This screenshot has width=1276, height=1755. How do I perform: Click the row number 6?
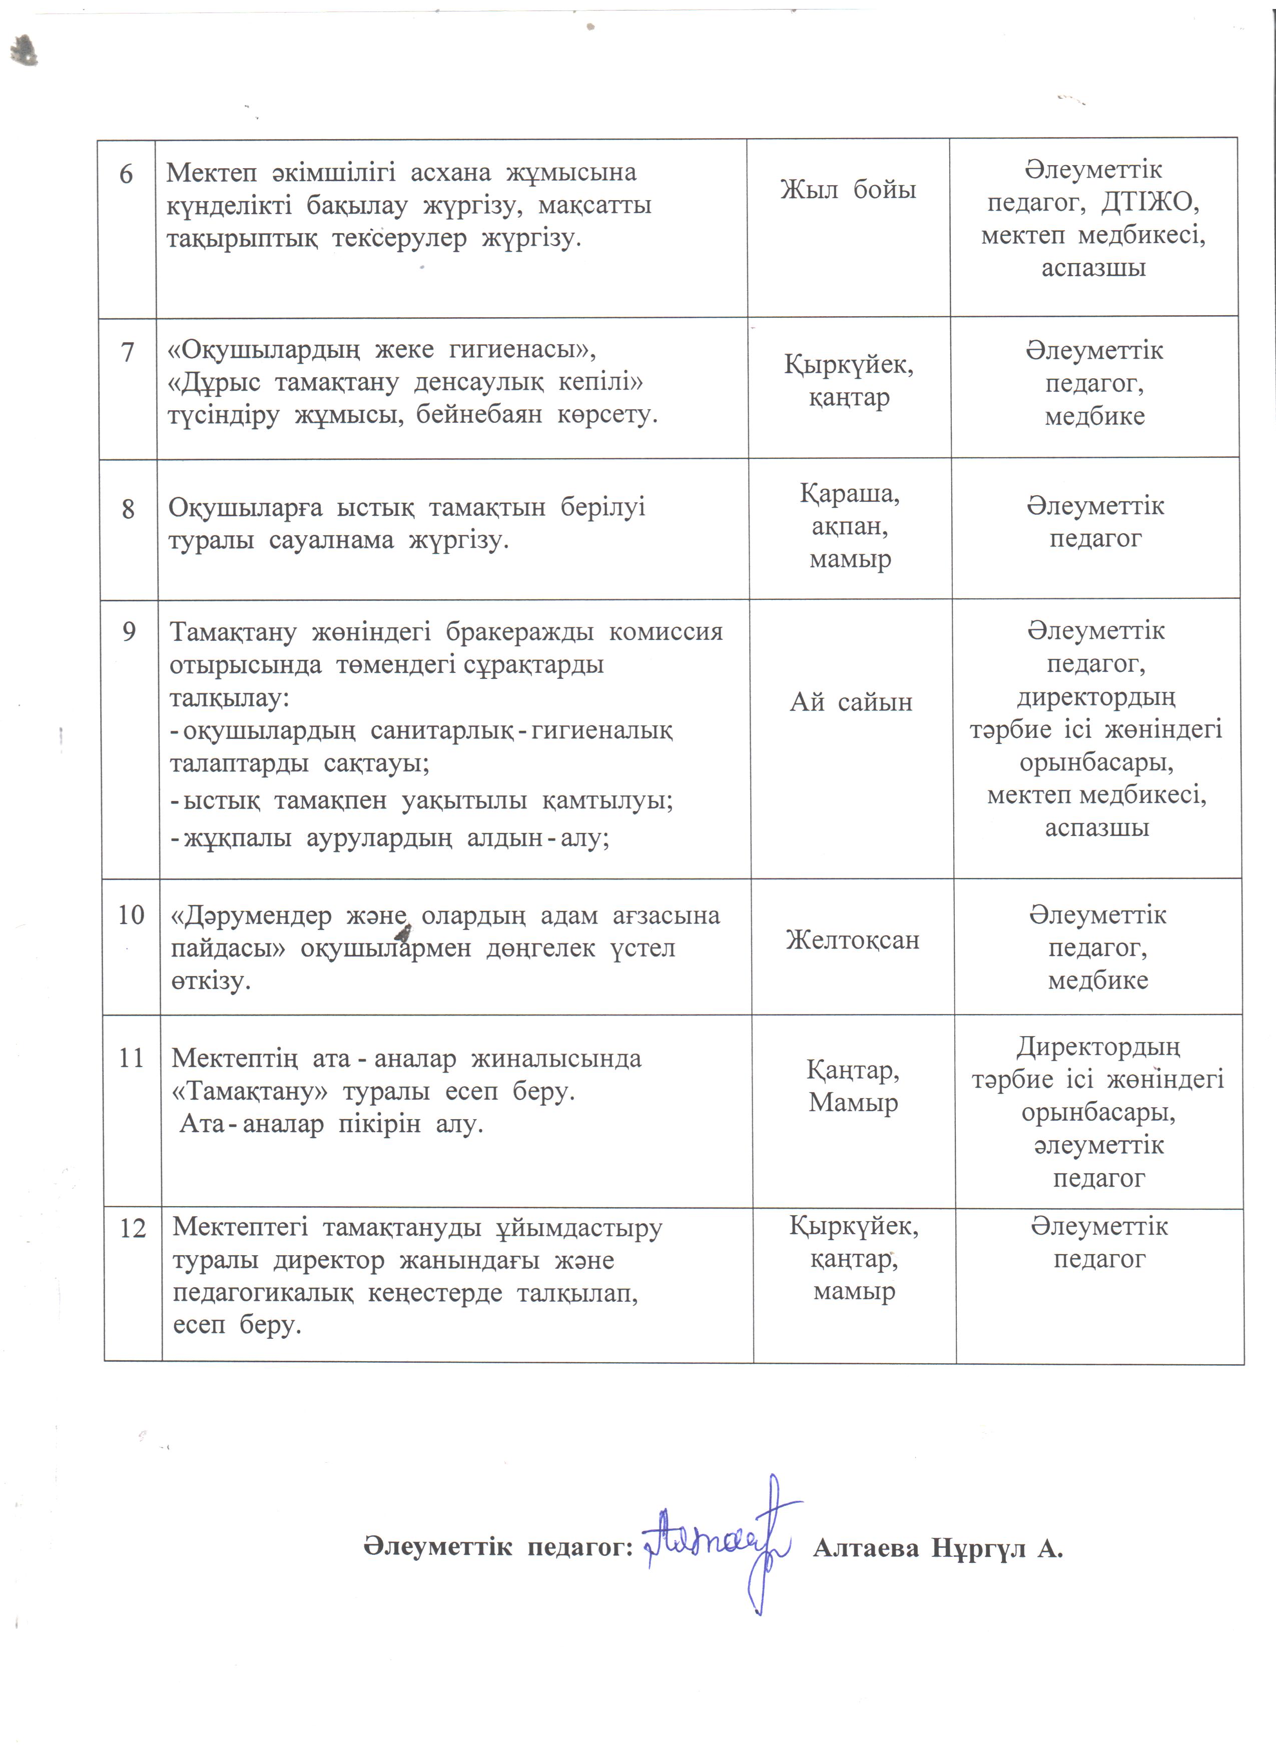(x=126, y=174)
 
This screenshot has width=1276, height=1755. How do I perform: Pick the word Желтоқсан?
(x=852, y=940)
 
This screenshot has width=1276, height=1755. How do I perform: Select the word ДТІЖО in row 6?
(x=1150, y=202)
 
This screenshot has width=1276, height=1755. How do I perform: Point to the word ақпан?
(x=849, y=526)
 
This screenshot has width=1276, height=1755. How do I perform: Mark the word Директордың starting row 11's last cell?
(x=1098, y=1047)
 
